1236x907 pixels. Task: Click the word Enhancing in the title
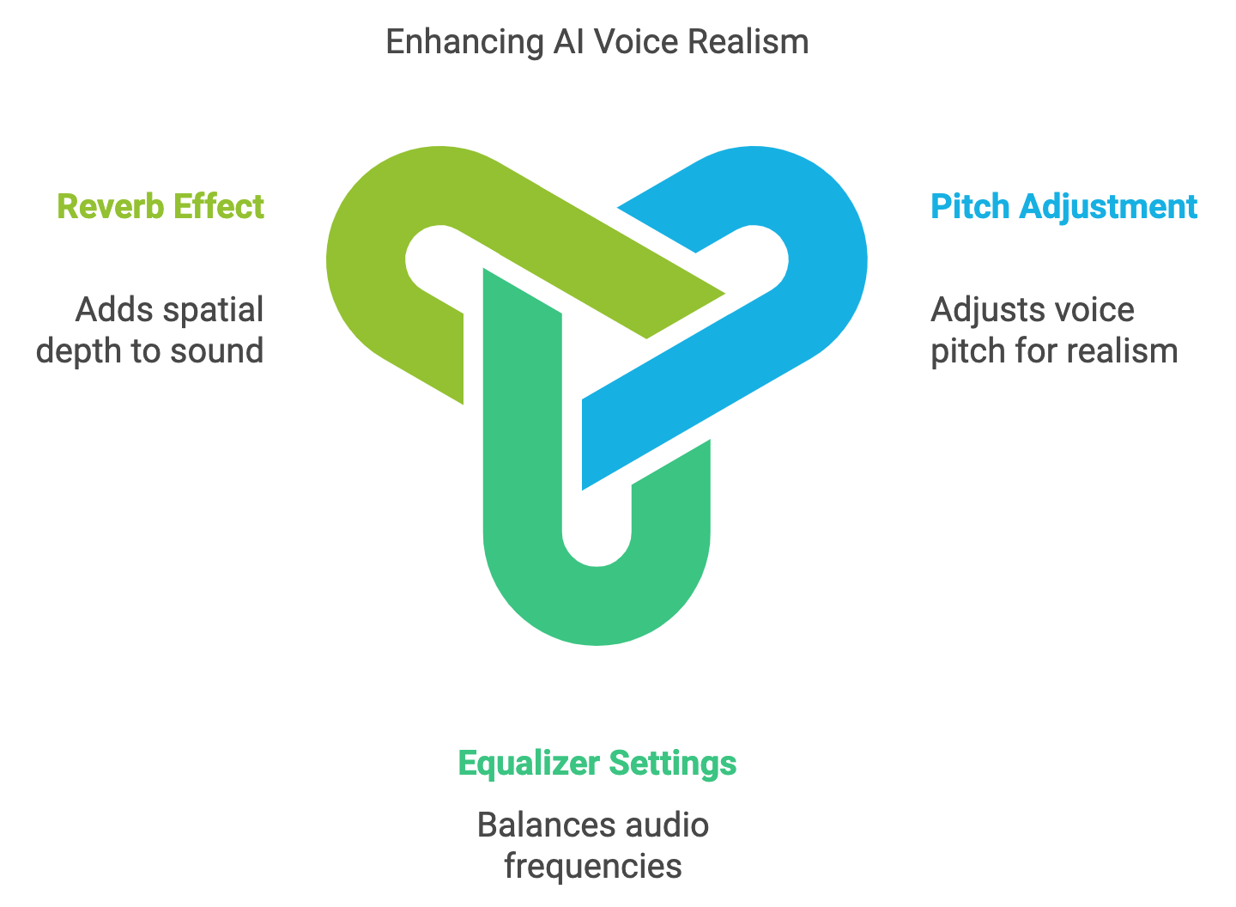(x=464, y=42)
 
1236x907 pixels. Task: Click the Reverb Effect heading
(x=161, y=207)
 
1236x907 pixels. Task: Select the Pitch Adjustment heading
(x=1063, y=207)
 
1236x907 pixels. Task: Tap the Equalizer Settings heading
(x=597, y=763)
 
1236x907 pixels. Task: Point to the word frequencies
(x=593, y=867)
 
